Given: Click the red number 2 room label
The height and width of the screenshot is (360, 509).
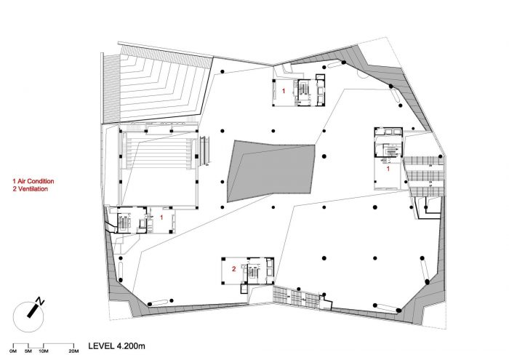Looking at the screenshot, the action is click(233, 269).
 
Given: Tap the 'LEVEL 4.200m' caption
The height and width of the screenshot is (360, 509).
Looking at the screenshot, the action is click(116, 346).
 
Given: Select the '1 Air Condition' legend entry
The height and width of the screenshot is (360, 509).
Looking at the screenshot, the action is click(33, 181).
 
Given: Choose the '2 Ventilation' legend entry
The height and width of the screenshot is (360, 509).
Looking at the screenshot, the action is click(31, 189).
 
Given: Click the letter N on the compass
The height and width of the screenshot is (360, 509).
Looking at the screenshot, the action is click(40, 301).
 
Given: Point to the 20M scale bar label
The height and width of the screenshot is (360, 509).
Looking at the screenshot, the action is click(73, 351).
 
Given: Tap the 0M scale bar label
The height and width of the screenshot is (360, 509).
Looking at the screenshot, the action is click(13, 351).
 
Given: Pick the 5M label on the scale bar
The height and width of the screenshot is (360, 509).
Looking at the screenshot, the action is click(28, 351).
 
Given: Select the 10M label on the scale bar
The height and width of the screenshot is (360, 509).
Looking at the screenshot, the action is click(44, 351).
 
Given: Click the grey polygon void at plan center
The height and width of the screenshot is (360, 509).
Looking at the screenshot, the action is click(271, 170).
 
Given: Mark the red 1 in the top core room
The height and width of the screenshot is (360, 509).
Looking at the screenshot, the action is click(284, 91).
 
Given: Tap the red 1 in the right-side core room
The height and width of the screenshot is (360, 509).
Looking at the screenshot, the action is click(388, 169).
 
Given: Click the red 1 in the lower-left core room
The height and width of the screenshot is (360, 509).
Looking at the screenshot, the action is click(161, 217).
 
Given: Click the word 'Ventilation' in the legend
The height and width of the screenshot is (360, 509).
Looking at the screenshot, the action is click(33, 189).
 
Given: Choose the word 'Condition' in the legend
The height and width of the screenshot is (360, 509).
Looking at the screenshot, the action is click(41, 181).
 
